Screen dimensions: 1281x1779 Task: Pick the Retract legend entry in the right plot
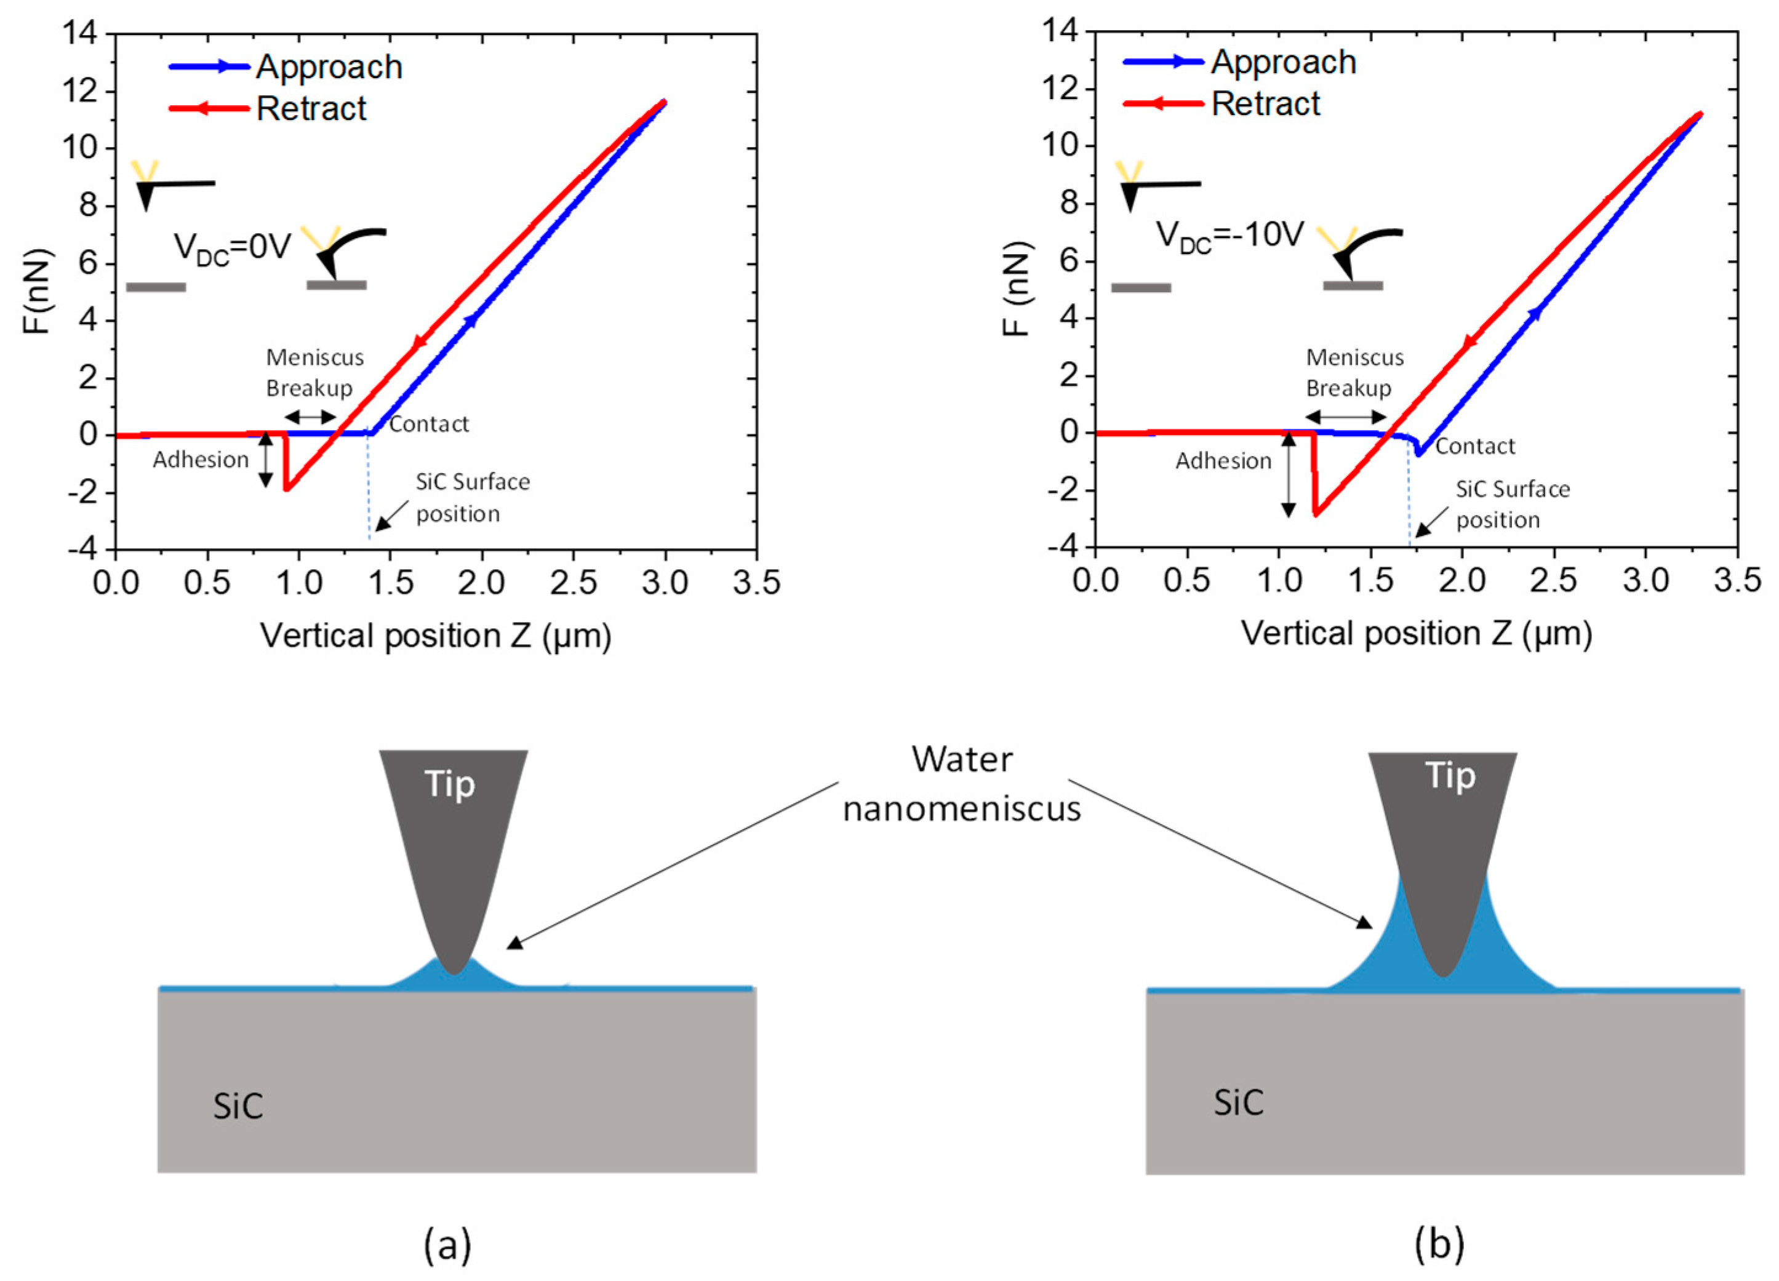pos(1265,103)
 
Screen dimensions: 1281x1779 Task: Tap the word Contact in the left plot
pos(429,425)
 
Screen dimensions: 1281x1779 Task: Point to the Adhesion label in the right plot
pos(1223,461)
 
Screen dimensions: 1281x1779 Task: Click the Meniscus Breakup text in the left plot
pos(314,373)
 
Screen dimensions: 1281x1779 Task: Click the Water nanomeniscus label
pos(962,784)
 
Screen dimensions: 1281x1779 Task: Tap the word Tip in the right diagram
pos(1450,776)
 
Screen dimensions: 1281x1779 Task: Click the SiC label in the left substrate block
pos(238,1107)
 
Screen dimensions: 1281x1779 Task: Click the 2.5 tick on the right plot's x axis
pos(1554,580)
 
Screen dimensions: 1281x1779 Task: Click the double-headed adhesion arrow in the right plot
pos(1289,474)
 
